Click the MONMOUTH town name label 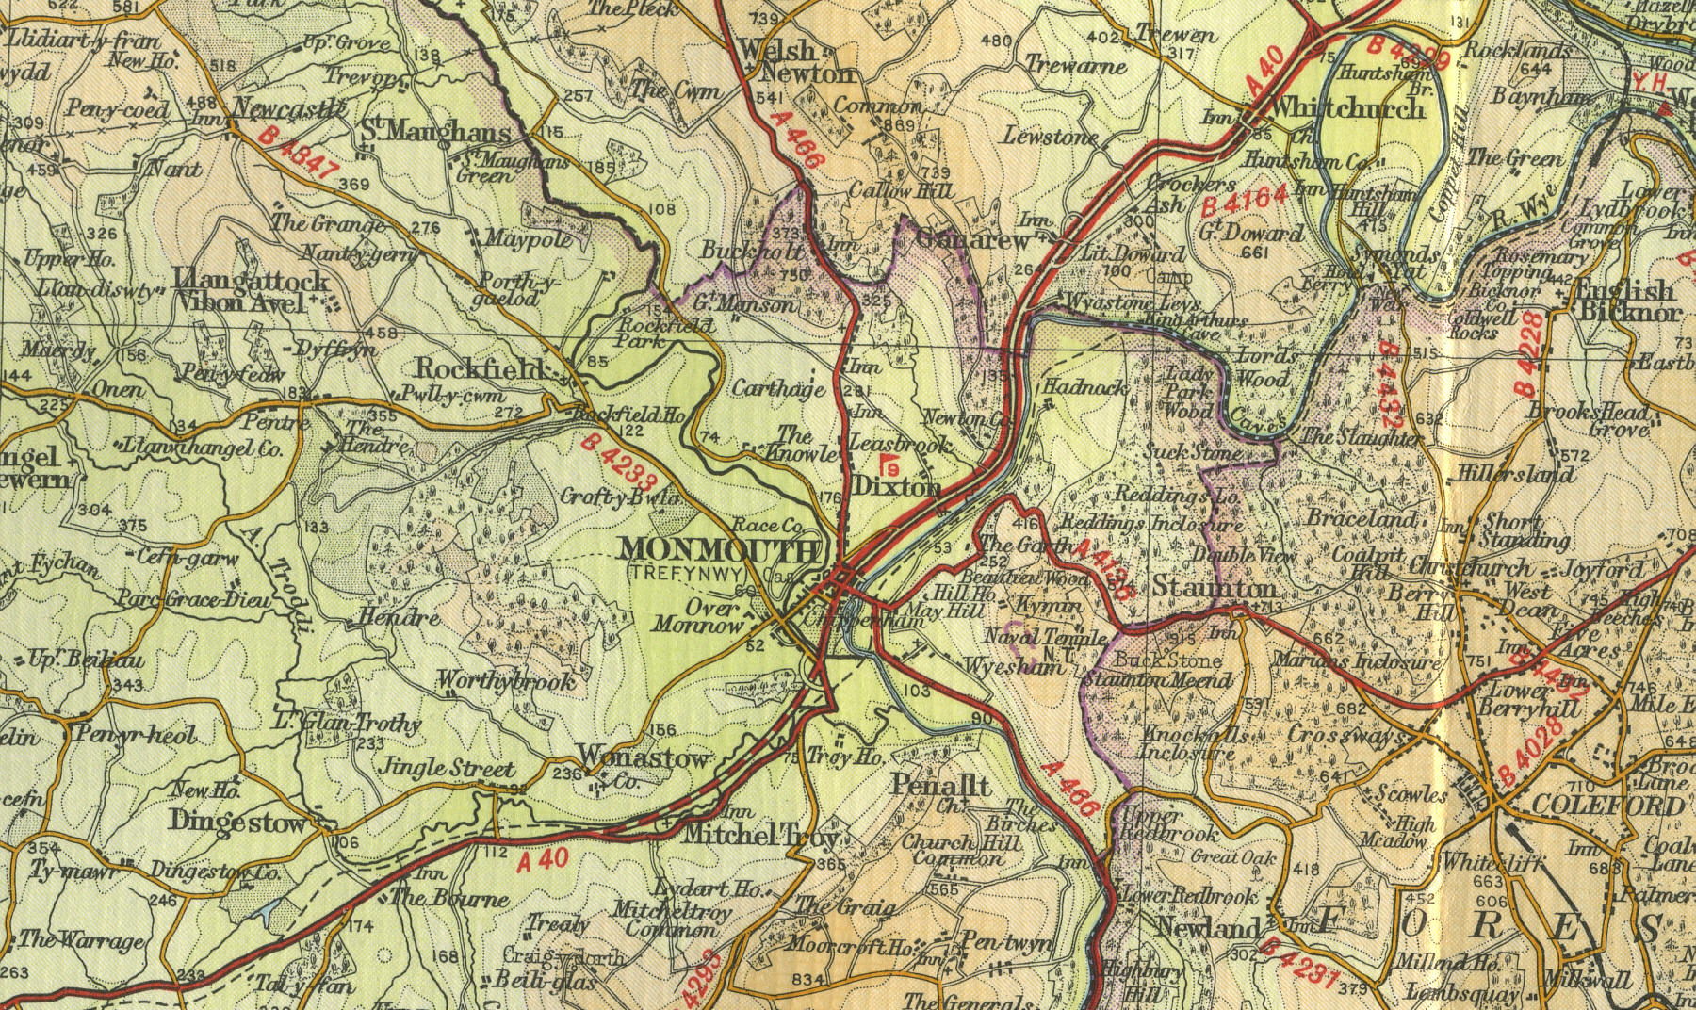(719, 550)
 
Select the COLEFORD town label (1606, 806)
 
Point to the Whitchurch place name (1346, 109)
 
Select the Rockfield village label (480, 368)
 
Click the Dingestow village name (238, 822)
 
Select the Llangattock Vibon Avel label (252, 291)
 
